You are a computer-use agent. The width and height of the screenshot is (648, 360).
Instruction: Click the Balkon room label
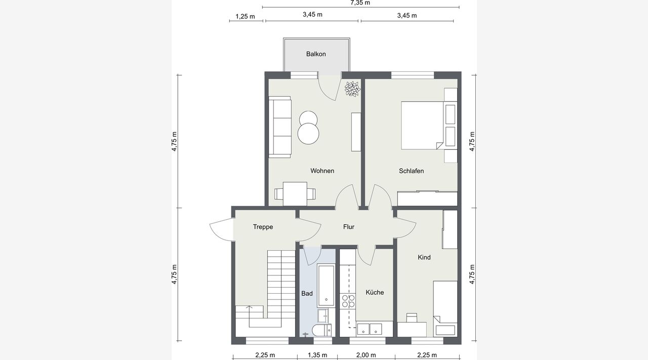click(x=316, y=54)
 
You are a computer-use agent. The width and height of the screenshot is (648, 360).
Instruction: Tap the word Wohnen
click(x=322, y=171)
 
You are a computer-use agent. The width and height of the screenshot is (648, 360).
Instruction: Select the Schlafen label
click(x=412, y=171)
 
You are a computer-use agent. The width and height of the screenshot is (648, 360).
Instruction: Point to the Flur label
click(x=349, y=227)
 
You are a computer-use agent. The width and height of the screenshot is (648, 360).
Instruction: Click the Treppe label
click(x=263, y=227)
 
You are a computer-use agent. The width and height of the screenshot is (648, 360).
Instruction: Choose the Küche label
click(x=375, y=292)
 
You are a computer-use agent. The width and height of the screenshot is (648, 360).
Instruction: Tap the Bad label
click(x=307, y=294)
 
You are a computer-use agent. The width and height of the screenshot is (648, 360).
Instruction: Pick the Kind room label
click(x=424, y=257)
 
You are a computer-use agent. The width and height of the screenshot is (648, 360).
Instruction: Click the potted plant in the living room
click(x=352, y=89)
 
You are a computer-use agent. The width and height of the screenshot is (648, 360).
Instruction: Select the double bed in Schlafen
click(x=422, y=125)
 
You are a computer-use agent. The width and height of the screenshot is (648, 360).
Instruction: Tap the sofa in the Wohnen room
click(x=280, y=127)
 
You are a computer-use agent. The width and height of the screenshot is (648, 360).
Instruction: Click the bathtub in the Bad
click(x=326, y=286)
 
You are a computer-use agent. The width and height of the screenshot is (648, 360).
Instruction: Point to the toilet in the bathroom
click(x=321, y=330)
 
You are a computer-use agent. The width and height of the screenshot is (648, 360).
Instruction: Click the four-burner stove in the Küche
click(x=348, y=301)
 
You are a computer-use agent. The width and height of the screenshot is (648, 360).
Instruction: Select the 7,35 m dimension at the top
click(x=360, y=3)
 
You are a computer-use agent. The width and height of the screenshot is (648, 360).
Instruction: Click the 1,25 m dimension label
click(x=246, y=17)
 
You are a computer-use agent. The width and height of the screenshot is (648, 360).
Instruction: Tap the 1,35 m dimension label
click(x=317, y=355)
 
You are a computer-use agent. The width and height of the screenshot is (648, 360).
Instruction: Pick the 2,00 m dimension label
click(x=366, y=355)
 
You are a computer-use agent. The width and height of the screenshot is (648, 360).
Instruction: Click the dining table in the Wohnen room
click(x=295, y=193)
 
